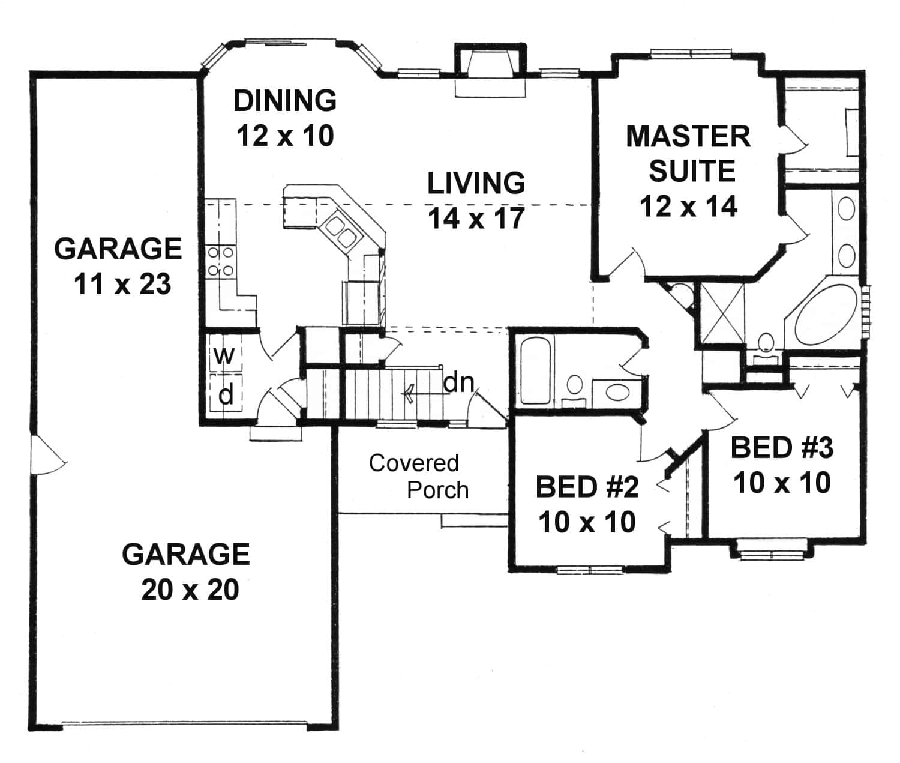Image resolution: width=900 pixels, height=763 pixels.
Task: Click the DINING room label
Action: click(284, 101)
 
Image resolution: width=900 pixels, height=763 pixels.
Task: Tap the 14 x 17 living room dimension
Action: click(476, 219)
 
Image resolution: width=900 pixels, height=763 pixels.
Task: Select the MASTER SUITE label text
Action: click(689, 154)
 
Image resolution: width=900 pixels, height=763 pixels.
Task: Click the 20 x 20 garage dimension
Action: click(190, 590)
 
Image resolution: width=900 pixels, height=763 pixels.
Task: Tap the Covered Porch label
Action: click(419, 477)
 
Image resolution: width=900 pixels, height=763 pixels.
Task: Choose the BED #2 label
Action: click(587, 487)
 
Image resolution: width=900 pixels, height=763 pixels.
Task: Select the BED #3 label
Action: click(782, 448)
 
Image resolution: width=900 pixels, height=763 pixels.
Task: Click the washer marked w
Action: click(225, 356)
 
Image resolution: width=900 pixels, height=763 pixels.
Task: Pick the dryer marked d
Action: click(226, 394)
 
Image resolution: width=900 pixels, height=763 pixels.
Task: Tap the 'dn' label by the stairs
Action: click(458, 382)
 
